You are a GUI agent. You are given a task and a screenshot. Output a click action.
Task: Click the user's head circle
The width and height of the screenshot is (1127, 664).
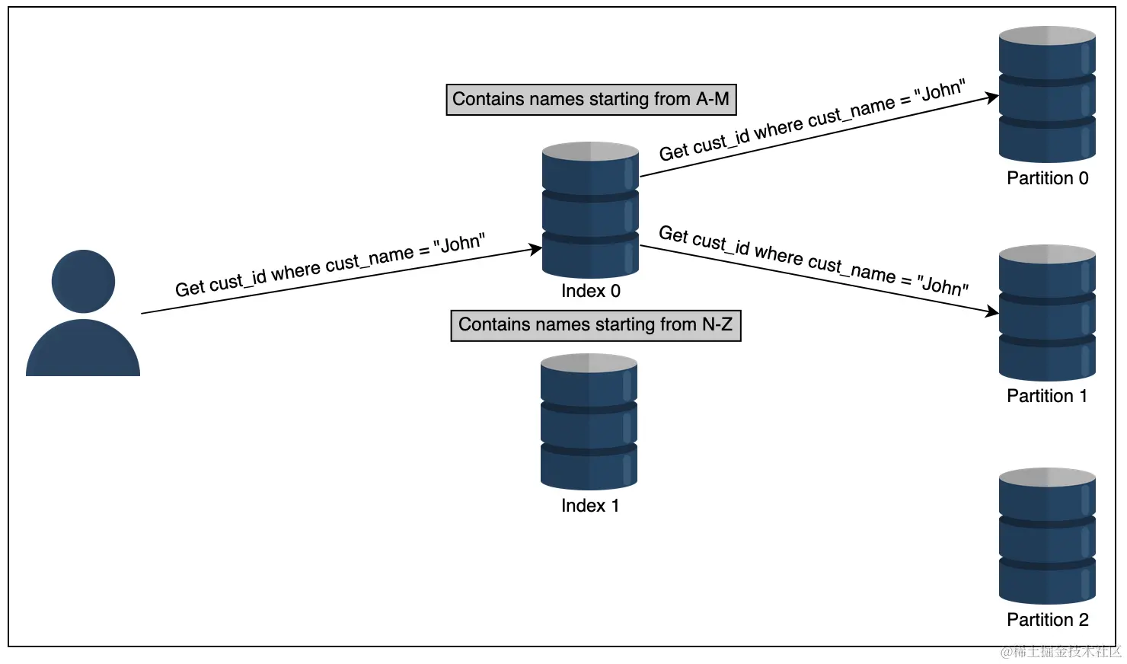coord(83,281)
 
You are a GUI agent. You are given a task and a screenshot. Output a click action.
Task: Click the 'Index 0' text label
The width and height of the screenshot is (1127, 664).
coord(590,291)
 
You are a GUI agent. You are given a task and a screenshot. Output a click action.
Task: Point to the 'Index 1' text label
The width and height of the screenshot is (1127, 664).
coord(589,506)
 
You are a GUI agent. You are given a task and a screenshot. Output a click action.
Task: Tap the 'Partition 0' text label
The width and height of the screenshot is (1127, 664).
coord(1047,178)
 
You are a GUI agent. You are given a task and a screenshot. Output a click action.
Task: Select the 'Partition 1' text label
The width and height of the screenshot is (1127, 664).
coord(1047,396)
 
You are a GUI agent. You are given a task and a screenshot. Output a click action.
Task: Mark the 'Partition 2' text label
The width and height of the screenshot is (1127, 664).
coord(1047,620)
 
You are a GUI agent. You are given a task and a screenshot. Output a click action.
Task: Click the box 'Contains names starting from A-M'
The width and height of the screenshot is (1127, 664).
coord(591,100)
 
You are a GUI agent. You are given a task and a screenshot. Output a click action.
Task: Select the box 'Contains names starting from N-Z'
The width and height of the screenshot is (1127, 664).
coord(595,325)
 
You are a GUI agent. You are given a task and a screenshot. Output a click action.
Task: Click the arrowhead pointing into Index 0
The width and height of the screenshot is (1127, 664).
coord(536,249)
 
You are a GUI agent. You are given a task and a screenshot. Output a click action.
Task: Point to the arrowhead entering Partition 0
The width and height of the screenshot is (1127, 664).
coord(993,97)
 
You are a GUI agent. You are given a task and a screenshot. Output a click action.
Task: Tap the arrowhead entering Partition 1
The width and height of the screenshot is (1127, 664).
coord(993,311)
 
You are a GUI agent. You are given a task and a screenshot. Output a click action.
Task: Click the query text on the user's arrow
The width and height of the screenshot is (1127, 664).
coord(330,266)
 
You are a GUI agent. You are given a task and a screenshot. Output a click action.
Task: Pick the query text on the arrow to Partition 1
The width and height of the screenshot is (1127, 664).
coord(813,260)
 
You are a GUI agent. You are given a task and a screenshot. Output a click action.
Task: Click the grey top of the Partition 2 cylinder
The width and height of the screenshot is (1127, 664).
coord(1047,477)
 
